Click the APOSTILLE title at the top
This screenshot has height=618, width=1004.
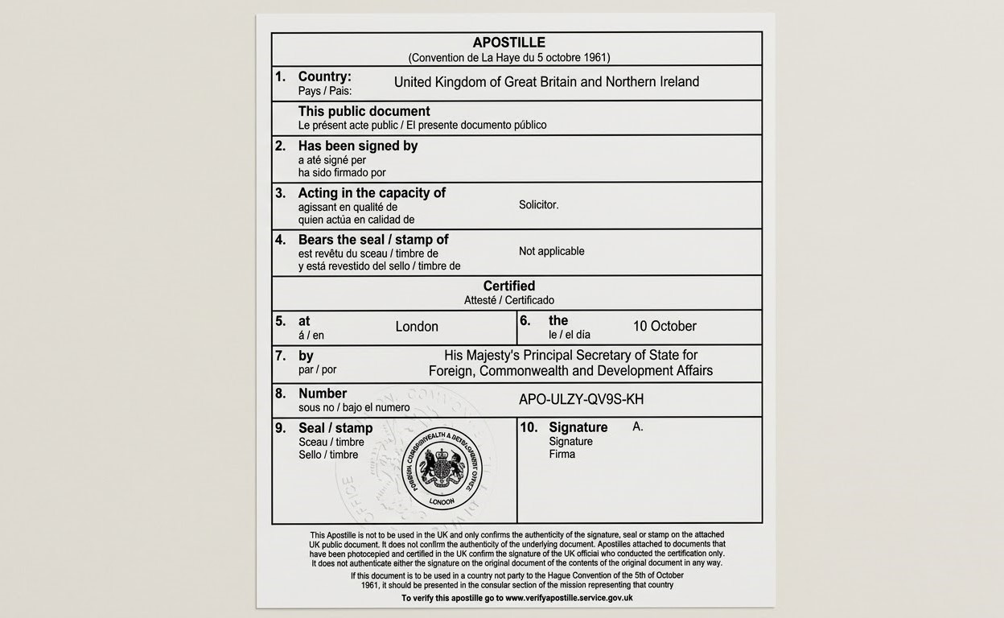(x=508, y=43)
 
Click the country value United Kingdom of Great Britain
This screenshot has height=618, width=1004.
(x=546, y=82)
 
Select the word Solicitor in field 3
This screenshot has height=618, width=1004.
(x=538, y=205)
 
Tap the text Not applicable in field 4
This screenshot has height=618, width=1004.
(x=551, y=251)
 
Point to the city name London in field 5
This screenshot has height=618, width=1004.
(x=417, y=327)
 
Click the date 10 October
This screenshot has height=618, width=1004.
(x=665, y=326)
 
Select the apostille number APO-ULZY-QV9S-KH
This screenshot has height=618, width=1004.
(x=581, y=400)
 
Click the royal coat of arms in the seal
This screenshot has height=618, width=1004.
(x=442, y=468)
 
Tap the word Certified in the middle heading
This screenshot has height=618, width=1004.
(x=508, y=286)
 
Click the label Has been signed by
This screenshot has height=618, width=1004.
(x=357, y=146)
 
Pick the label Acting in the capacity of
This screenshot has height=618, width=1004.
(x=372, y=193)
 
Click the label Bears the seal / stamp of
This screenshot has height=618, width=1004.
(x=373, y=240)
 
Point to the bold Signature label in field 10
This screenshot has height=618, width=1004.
(x=578, y=427)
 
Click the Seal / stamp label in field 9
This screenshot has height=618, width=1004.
(x=335, y=428)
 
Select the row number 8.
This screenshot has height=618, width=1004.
(x=280, y=393)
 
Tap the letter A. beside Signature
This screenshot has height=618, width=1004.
(x=637, y=426)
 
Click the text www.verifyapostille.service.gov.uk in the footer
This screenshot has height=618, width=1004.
(x=569, y=598)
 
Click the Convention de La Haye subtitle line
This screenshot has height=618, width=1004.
(x=508, y=58)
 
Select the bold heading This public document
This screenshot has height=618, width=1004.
(x=364, y=111)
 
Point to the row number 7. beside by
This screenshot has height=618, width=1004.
(x=280, y=356)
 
